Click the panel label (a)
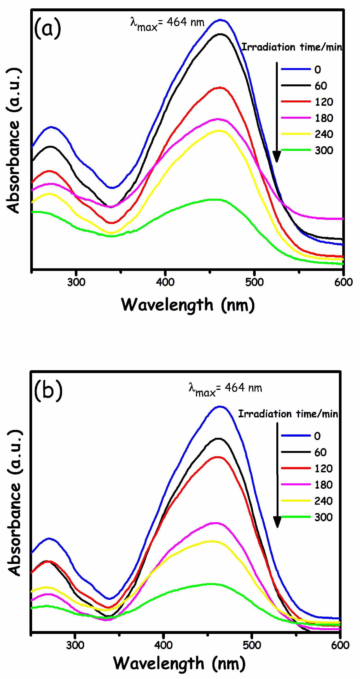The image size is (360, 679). coord(47,29)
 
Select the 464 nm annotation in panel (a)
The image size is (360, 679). coord(168,23)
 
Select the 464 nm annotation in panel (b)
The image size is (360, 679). coord(226,389)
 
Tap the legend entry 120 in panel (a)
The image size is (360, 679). coord(324,102)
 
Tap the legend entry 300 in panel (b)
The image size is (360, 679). coord(323,517)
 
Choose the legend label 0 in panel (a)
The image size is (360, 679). coord(318,70)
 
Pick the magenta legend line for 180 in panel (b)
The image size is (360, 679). coord(296,485)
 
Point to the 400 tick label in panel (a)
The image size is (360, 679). coord(165,282)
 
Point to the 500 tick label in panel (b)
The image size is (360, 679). coord(252,645)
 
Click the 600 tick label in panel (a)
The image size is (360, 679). coord(343,282)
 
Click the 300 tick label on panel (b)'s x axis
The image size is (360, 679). coord(75,645)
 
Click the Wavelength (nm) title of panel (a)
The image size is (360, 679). coord(188,305)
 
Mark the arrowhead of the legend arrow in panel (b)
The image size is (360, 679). coord(277,522)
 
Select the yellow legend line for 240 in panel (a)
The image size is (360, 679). coord(296,134)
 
